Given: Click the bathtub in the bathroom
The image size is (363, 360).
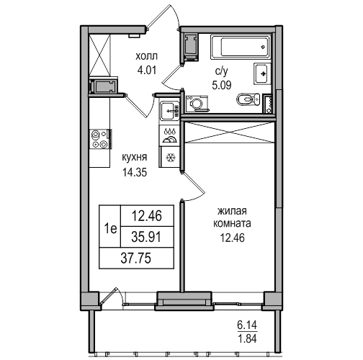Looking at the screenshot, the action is [241, 47].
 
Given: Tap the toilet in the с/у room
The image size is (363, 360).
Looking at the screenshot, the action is [248, 99].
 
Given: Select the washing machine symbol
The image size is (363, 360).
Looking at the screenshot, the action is [197, 104].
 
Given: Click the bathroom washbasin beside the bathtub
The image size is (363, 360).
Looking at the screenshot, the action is [262, 73].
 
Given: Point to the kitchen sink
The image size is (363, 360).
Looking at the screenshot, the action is [169, 111].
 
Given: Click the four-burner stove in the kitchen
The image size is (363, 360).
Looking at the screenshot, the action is [101, 139].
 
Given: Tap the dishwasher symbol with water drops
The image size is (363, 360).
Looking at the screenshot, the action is [169, 136].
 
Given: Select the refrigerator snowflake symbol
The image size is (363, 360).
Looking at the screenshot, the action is [171, 157].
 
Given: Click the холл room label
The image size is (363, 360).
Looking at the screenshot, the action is [147, 57].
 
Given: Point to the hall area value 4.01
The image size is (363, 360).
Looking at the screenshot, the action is [147, 71].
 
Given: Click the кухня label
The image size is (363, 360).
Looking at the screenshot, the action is [135, 158].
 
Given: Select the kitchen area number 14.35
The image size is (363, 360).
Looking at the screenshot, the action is [135, 172].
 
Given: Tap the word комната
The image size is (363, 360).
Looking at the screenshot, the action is [232, 224].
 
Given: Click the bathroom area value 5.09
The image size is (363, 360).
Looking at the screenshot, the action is [222, 85].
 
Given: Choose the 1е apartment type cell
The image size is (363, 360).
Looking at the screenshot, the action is [110, 226].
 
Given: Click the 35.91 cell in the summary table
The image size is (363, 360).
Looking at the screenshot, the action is [147, 237].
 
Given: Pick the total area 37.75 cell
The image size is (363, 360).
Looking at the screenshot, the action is [136, 258].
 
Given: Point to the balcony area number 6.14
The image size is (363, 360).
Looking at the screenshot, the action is [247, 325].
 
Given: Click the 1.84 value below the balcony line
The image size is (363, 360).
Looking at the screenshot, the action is [247, 338].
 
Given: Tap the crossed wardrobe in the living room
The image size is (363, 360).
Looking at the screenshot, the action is [229, 132].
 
